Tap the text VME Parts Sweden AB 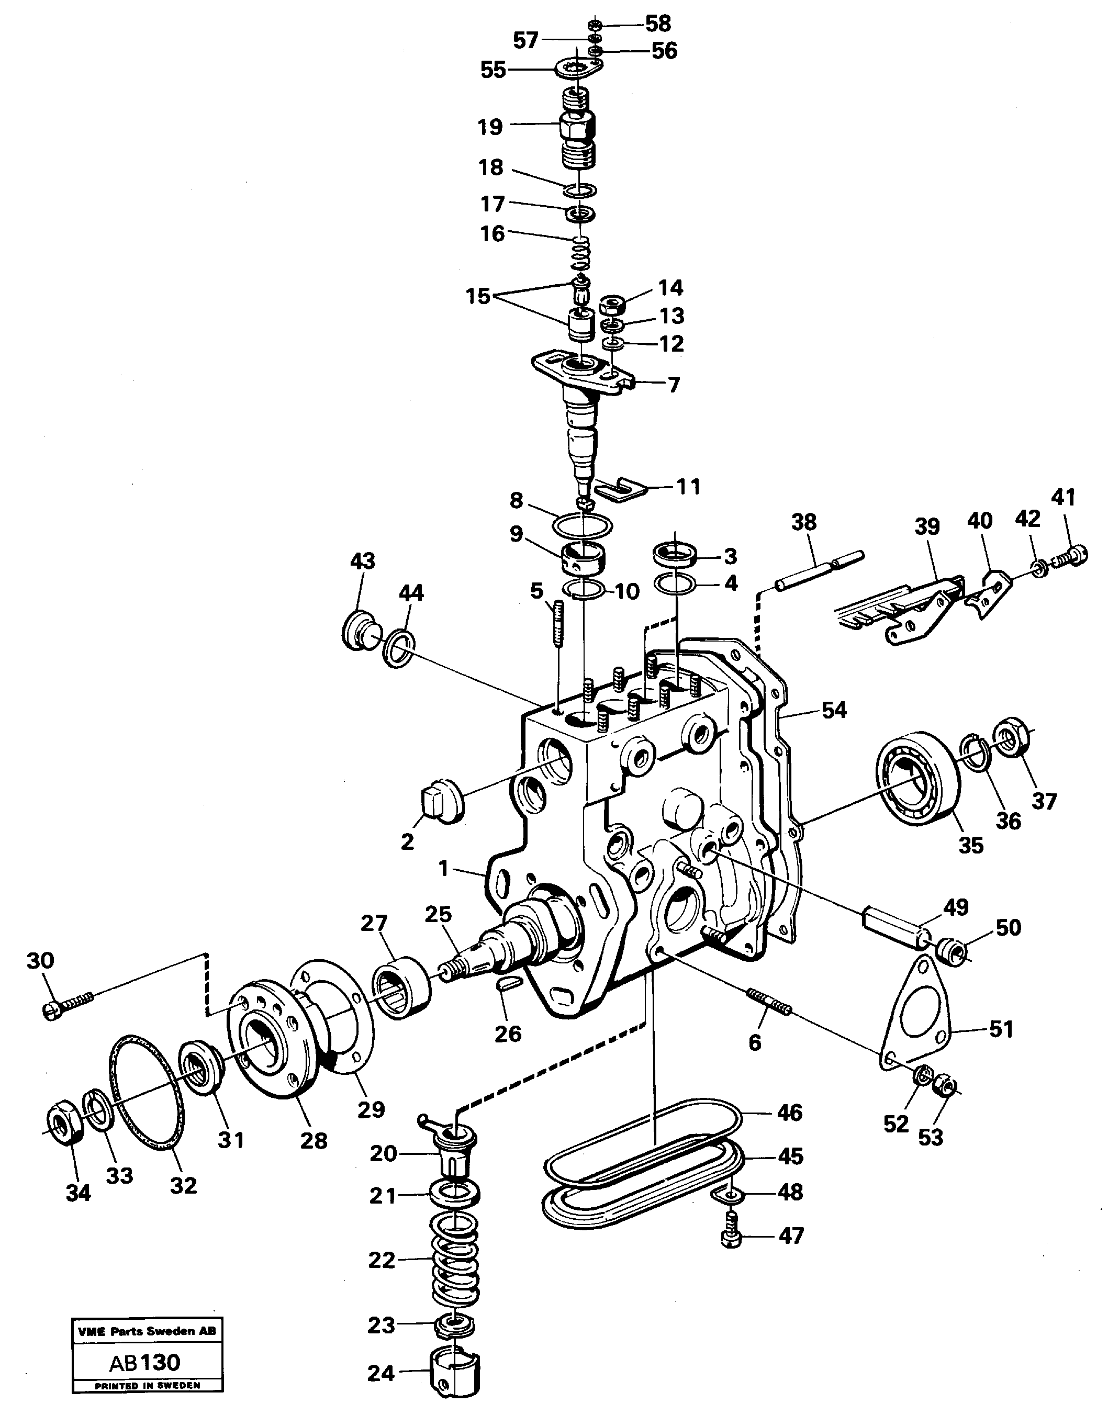click(147, 1331)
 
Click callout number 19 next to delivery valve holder click(490, 127)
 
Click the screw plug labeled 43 click(358, 628)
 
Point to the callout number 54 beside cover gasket click(834, 710)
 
